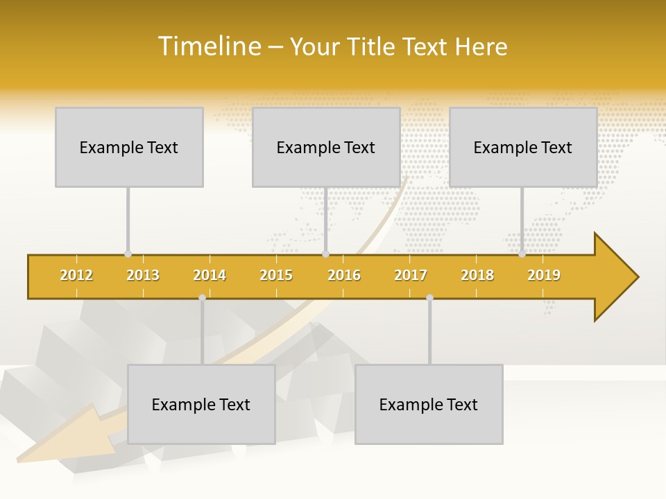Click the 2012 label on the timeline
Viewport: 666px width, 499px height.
coord(76,275)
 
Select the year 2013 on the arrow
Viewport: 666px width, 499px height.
coord(143,275)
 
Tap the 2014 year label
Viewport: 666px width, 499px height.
coord(210,275)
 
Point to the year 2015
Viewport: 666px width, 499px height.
coord(276,275)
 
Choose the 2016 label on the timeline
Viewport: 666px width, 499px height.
coord(344,275)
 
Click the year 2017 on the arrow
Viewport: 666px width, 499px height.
coord(411,275)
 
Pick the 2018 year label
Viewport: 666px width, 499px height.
coord(477,275)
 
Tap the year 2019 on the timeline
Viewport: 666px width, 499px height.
coord(544,275)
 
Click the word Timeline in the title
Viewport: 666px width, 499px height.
coord(208,46)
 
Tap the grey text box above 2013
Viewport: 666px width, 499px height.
coord(129,147)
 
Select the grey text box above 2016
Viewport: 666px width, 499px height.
coord(326,147)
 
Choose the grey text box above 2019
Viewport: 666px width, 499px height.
coord(523,147)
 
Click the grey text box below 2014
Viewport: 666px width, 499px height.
coord(201,404)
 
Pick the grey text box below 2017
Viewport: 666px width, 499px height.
coord(429,404)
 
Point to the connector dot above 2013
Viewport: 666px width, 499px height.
coord(128,254)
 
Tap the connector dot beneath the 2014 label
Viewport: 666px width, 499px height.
coord(202,298)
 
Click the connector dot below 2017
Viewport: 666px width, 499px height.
coord(429,298)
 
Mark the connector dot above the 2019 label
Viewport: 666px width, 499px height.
coord(522,254)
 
